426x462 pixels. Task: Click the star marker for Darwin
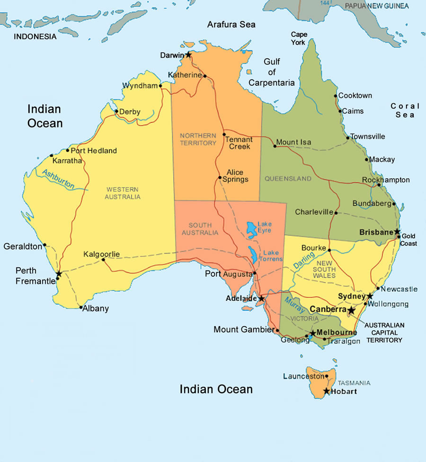(188, 54)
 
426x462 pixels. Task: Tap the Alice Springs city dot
(220, 178)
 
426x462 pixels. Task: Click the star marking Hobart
(326, 391)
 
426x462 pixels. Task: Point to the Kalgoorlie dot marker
(104, 259)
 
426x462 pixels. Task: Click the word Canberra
(328, 309)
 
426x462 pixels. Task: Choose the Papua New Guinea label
(376, 6)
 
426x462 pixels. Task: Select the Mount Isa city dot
(275, 146)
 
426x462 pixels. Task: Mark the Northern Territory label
(198, 139)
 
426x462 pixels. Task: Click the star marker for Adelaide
(261, 299)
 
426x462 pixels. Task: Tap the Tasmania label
(354, 383)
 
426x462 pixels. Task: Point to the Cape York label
(299, 38)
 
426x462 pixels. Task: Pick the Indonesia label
(35, 36)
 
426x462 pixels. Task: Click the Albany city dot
(81, 307)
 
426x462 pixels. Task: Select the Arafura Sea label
(231, 24)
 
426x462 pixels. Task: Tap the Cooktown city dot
(336, 96)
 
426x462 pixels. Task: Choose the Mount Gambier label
(243, 329)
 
